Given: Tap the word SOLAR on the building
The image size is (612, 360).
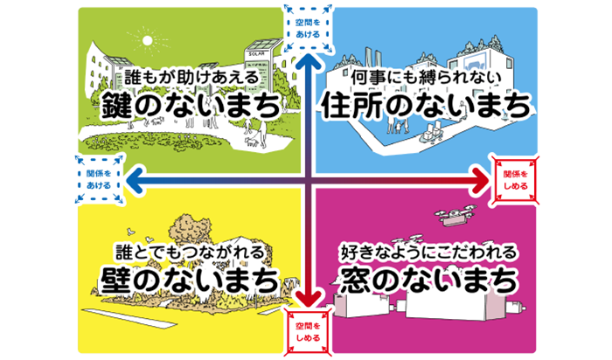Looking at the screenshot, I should pos(257,52).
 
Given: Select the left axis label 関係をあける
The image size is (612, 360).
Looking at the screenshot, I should pos(97,179).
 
